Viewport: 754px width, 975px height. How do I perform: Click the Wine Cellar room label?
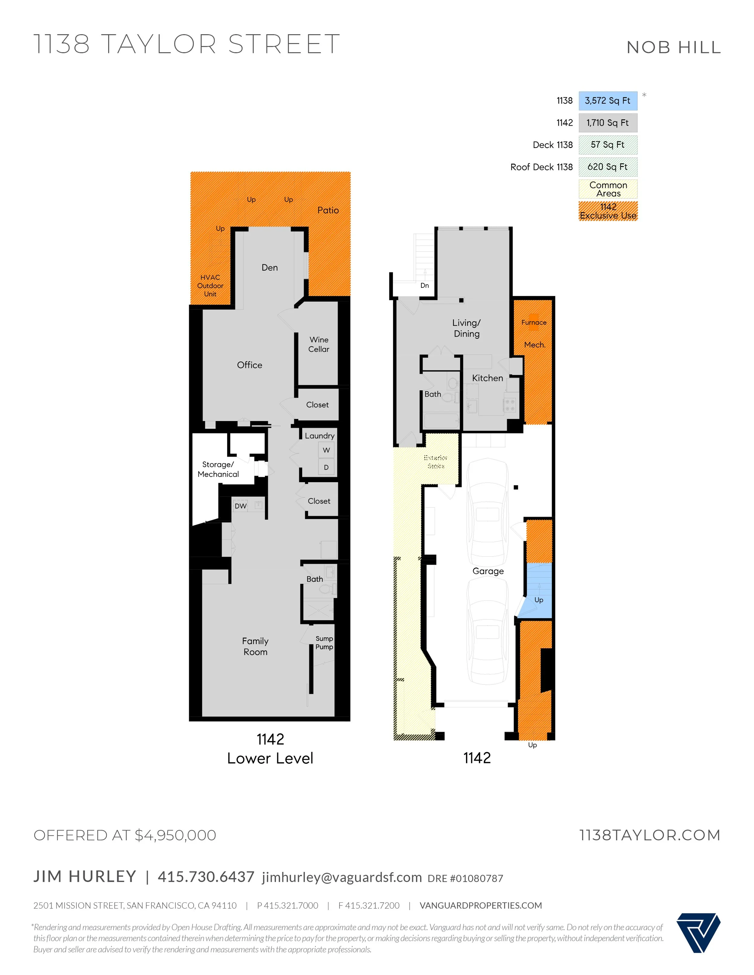pos(318,344)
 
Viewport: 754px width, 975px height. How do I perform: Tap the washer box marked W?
pos(327,450)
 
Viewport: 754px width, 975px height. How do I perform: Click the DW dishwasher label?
pos(241,506)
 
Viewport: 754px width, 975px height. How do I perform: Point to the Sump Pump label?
pos(324,642)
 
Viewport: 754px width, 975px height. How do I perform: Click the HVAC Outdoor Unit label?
pos(211,286)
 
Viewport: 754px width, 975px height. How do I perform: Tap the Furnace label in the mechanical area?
pos(534,322)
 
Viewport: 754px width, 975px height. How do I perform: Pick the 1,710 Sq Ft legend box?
pos(608,123)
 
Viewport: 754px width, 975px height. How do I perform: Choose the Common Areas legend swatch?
pos(608,189)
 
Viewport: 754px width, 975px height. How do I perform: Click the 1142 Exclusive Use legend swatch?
pos(608,211)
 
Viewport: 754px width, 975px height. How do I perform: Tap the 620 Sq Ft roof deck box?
pos(608,167)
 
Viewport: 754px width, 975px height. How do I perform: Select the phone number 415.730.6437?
pos(206,876)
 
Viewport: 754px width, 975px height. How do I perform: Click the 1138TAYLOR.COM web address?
pos(650,835)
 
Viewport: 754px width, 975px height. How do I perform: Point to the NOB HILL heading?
pos(673,47)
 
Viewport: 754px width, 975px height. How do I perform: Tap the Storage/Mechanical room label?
pos(218,469)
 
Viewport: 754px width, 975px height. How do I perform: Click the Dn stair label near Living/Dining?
pos(424,286)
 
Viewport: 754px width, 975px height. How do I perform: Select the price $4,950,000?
pos(175,835)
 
